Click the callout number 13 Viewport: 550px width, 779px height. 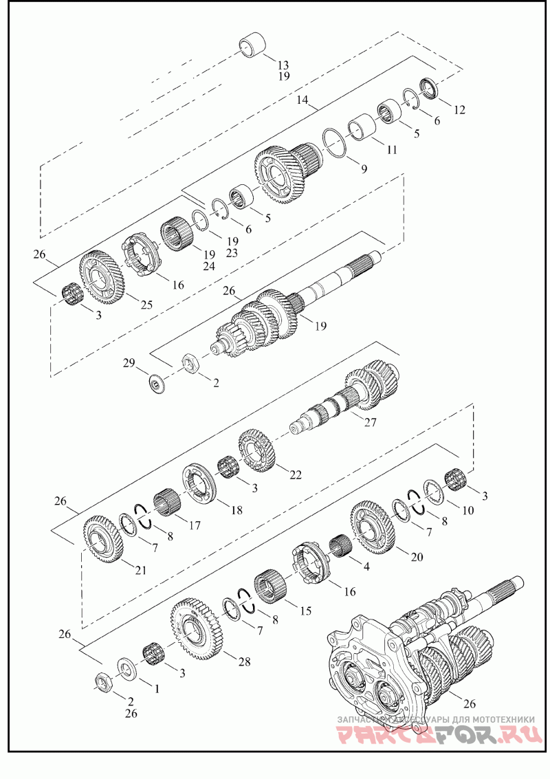283,65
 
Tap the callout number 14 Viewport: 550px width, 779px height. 302,100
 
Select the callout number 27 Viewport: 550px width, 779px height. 371,423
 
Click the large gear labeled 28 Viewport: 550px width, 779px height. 195,626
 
